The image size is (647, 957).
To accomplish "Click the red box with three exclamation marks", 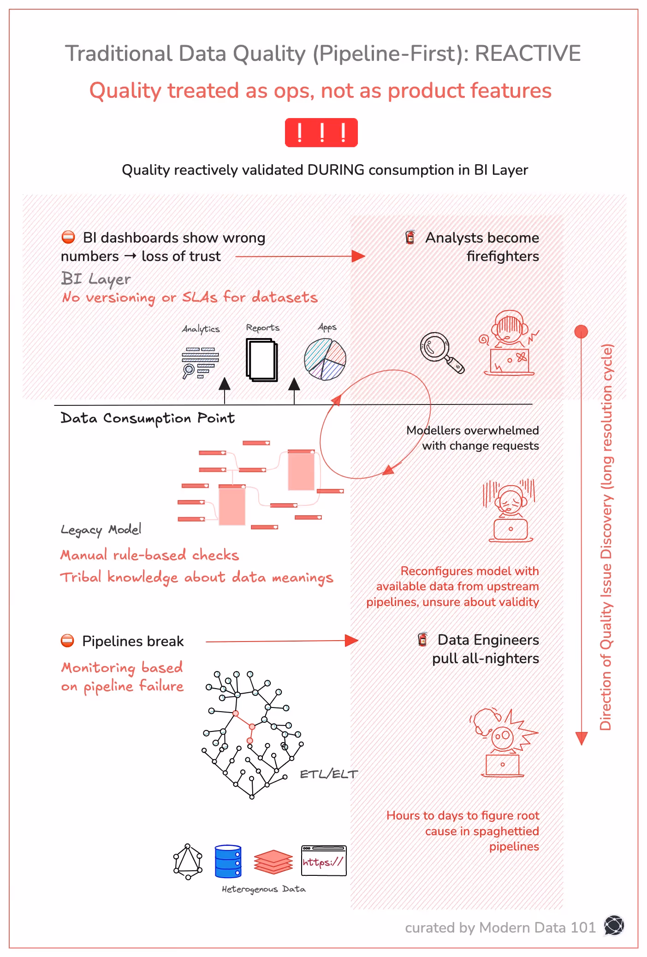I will (x=321, y=133).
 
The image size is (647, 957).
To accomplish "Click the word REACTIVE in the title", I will (x=528, y=53).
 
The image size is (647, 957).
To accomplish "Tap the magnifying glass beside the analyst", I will (x=440, y=352).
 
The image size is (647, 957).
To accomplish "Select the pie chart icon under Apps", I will (x=325, y=359).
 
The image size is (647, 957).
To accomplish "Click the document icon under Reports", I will (x=262, y=360).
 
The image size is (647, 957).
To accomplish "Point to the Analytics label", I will (x=201, y=329).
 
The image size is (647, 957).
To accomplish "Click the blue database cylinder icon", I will (x=228, y=861).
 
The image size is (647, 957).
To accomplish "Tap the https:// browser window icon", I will (x=324, y=861).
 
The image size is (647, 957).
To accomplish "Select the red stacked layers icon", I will (x=273, y=862).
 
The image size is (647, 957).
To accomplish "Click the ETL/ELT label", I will (x=329, y=774).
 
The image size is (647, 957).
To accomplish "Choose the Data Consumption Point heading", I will (x=148, y=418).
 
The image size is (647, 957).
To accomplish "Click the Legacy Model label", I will (x=101, y=529).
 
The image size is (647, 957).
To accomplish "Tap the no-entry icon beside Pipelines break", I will (x=68, y=641).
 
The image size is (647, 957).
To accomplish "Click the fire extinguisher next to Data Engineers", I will (x=422, y=639).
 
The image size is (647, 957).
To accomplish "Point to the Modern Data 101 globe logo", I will (x=614, y=926).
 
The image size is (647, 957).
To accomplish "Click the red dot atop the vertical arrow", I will (x=581, y=331).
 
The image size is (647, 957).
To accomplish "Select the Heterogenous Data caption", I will (x=263, y=889).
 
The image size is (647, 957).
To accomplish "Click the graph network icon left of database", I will (x=188, y=862).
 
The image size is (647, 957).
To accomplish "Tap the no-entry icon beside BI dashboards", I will (x=68, y=238).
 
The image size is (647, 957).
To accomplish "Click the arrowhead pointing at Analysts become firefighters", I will (x=358, y=256).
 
